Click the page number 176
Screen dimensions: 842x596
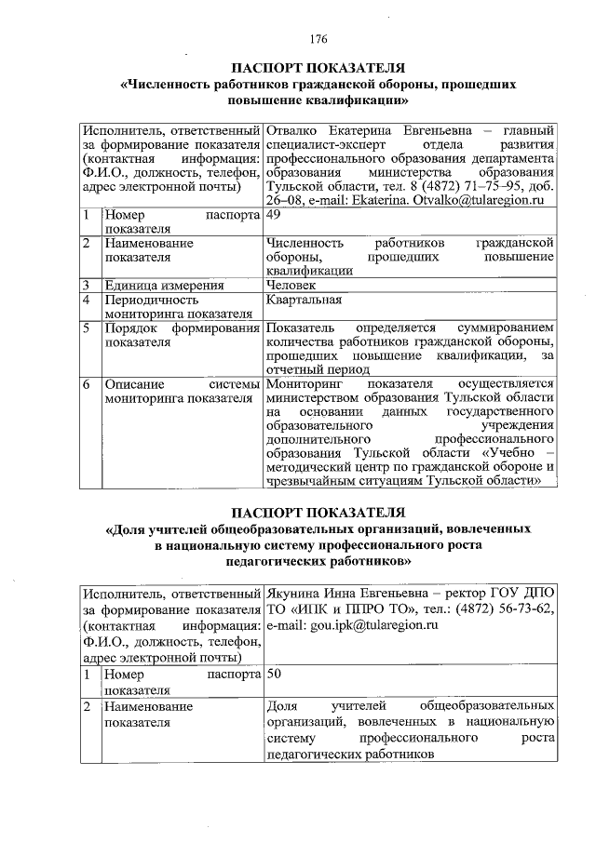click(318, 39)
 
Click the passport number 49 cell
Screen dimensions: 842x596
click(274, 215)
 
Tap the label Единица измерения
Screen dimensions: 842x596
click(163, 286)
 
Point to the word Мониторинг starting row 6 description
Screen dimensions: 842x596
click(305, 384)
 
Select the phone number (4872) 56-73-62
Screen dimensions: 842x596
click(504, 609)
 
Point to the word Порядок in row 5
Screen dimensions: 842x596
click(130, 329)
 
